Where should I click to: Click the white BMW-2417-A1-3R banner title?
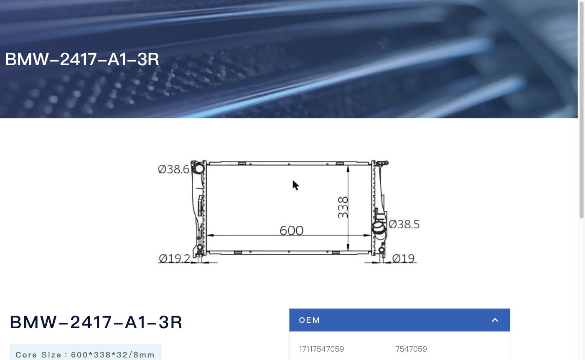82,59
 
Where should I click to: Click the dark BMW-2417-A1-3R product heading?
96,322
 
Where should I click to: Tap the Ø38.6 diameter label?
174,169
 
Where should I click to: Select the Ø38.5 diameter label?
404,224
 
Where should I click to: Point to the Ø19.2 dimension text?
175,258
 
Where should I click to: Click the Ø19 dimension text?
403,258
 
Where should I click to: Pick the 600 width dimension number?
292,230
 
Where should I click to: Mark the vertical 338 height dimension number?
343,207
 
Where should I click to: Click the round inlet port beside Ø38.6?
199,168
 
